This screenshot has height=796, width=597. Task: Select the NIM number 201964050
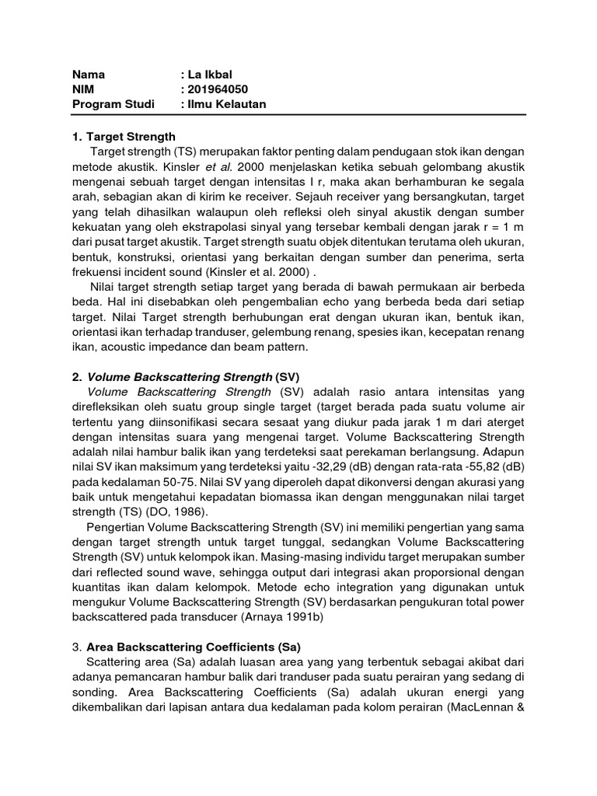(x=218, y=89)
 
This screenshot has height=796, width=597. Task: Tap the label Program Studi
(x=113, y=103)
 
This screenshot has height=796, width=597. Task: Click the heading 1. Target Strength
(x=124, y=136)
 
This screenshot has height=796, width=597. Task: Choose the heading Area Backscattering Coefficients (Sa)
(x=194, y=646)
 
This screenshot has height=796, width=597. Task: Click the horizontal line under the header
(x=298, y=116)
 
